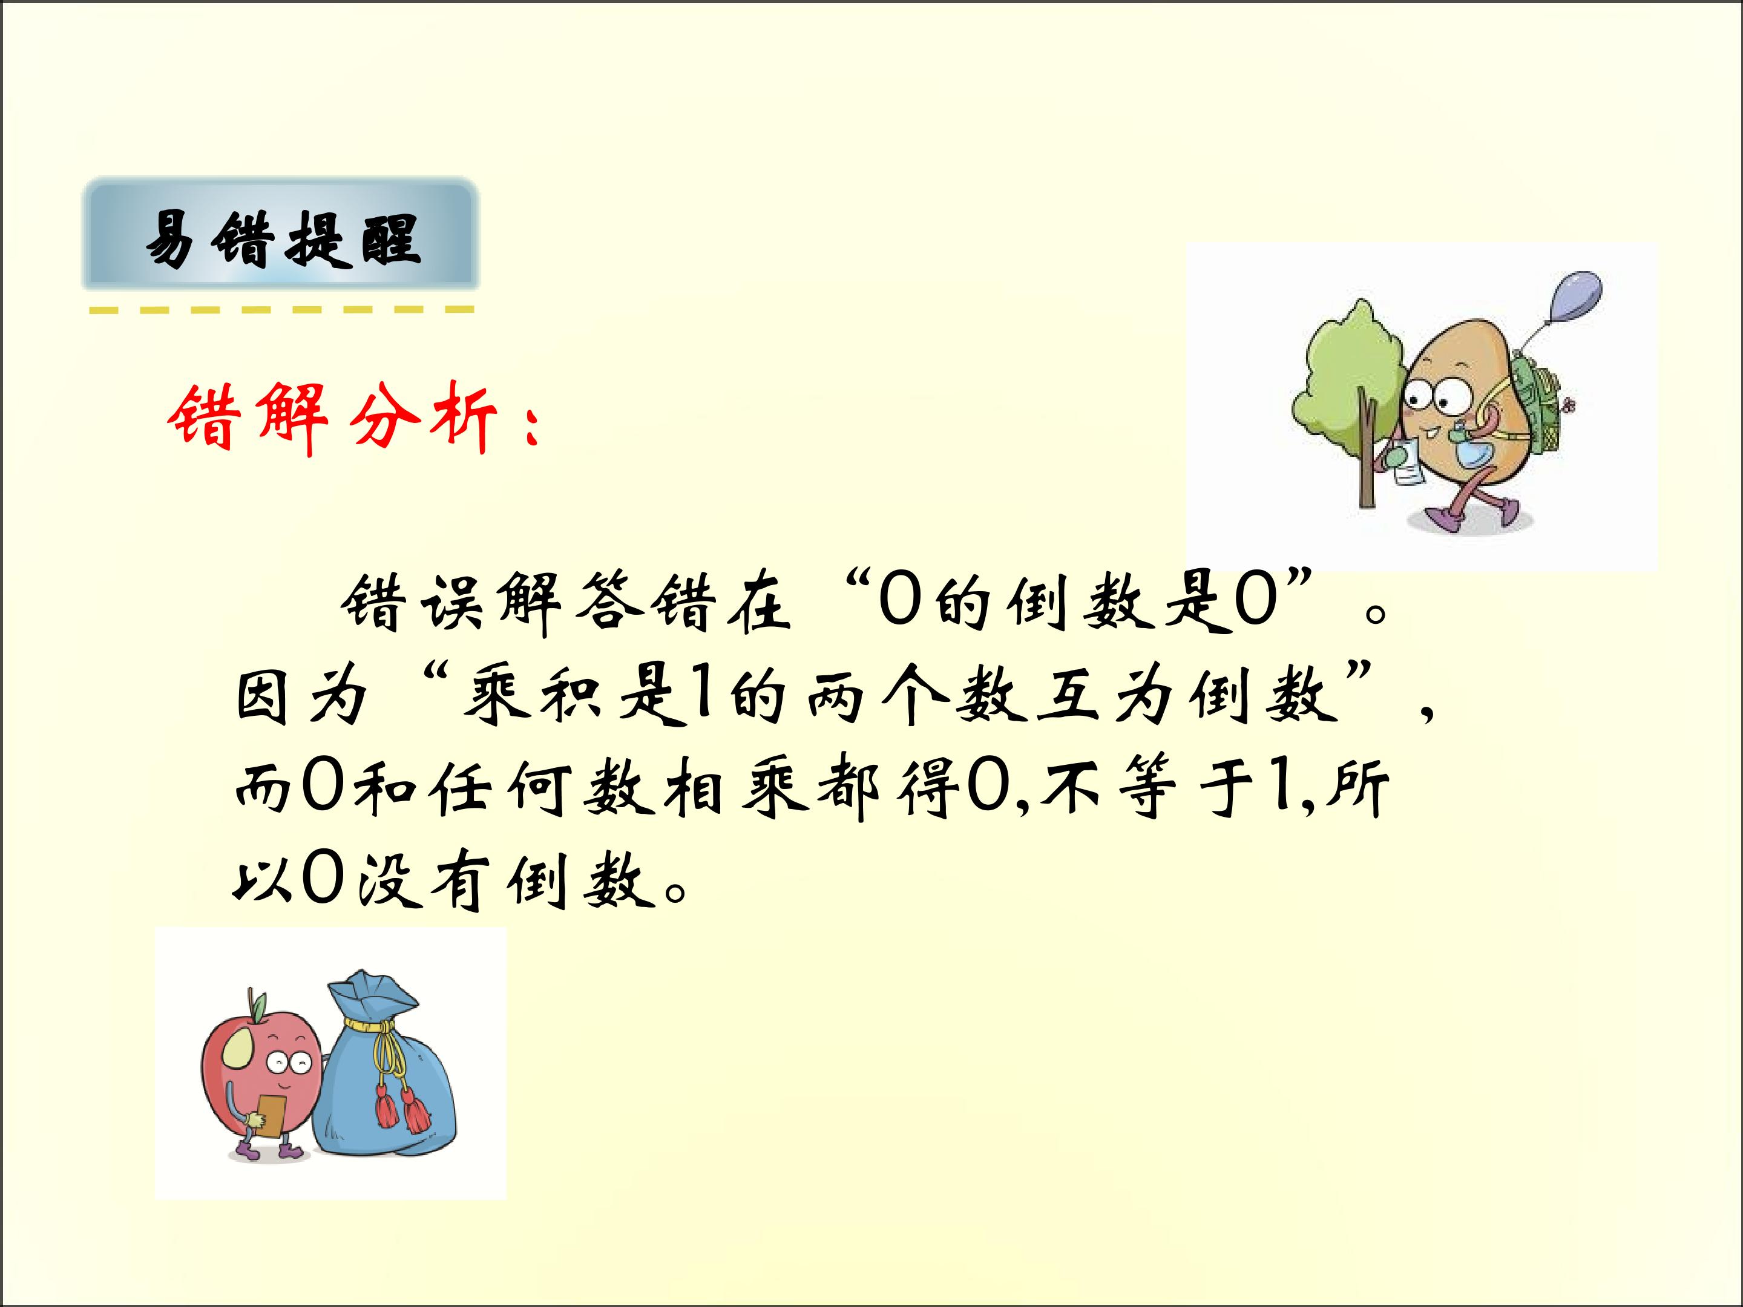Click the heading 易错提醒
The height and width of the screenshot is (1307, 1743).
pos(281,238)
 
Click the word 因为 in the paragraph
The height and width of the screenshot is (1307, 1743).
pos(303,697)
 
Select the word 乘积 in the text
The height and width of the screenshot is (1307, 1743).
pos(533,697)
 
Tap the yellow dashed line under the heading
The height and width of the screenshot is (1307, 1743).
pos(281,310)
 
